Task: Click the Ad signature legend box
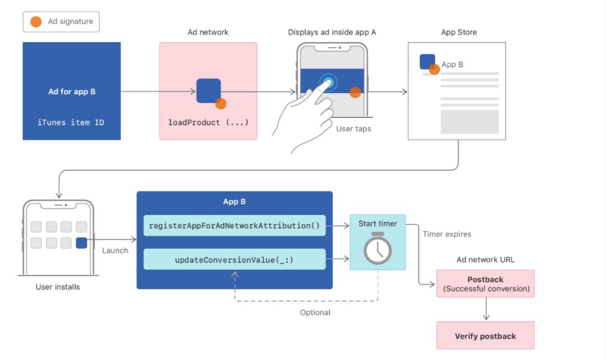pyautogui.click(x=61, y=22)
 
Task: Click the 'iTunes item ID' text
pyautogui.click(x=71, y=122)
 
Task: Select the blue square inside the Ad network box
pyautogui.click(x=208, y=90)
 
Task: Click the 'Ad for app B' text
pyautogui.click(x=71, y=91)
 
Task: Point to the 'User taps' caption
pyautogui.click(x=353, y=128)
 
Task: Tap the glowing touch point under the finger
pyautogui.click(x=329, y=83)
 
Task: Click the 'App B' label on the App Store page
pyautogui.click(x=452, y=64)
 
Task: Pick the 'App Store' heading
pyautogui.click(x=458, y=33)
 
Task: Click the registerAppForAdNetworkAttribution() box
pyautogui.click(x=234, y=226)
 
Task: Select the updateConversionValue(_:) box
pyautogui.click(x=234, y=260)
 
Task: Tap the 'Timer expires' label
pyautogui.click(x=447, y=234)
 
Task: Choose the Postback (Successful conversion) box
pyautogui.click(x=485, y=284)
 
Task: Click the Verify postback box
pyautogui.click(x=485, y=336)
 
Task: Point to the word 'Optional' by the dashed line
pyautogui.click(x=315, y=312)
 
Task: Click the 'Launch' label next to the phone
pyautogui.click(x=115, y=250)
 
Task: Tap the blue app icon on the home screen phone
pyautogui.click(x=81, y=243)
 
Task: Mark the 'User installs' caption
pyautogui.click(x=58, y=287)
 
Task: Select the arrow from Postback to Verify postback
pyautogui.click(x=486, y=309)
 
